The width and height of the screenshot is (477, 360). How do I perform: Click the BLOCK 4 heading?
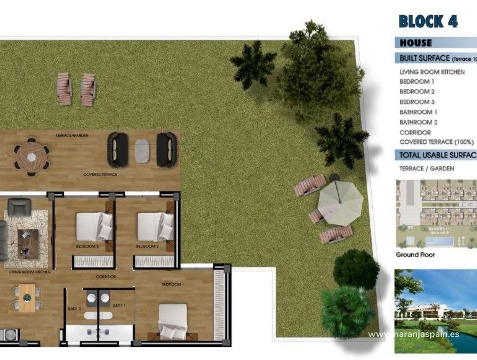(428, 21)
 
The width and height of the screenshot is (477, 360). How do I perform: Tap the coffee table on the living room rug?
(28, 244)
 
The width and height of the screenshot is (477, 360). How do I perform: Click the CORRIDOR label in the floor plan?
(105, 277)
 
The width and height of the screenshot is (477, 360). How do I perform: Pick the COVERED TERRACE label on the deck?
(100, 174)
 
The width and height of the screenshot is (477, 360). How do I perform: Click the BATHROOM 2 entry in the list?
(418, 122)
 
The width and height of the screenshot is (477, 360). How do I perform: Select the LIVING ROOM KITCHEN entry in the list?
(432, 72)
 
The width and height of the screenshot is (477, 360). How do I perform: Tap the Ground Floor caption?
(415, 255)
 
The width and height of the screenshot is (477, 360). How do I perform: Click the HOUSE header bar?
(435, 43)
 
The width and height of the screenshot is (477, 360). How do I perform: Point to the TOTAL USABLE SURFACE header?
(437, 155)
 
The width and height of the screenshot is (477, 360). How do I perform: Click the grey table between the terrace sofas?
(143, 149)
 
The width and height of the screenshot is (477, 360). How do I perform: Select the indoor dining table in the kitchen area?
(27, 298)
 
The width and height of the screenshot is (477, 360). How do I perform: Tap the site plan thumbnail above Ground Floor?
(436, 213)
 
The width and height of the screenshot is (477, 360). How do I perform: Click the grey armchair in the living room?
(19, 207)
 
